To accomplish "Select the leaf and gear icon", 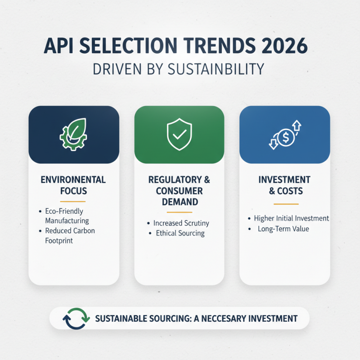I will [73, 134].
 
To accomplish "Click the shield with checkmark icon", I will [179, 134].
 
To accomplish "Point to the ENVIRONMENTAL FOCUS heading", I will [73, 185].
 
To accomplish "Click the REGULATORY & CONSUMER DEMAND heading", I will [179, 191].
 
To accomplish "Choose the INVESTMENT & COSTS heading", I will [284, 185].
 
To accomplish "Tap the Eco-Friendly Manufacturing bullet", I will [67, 216].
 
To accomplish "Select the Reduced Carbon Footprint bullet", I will [70, 235].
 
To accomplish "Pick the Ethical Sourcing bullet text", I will [180, 233].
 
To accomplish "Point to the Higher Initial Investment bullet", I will [291, 218].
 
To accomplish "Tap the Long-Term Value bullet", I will [283, 229].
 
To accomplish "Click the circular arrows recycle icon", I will [73, 318].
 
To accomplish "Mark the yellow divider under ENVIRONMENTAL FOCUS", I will [73, 201].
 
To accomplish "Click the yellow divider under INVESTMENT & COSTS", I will [284, 204].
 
